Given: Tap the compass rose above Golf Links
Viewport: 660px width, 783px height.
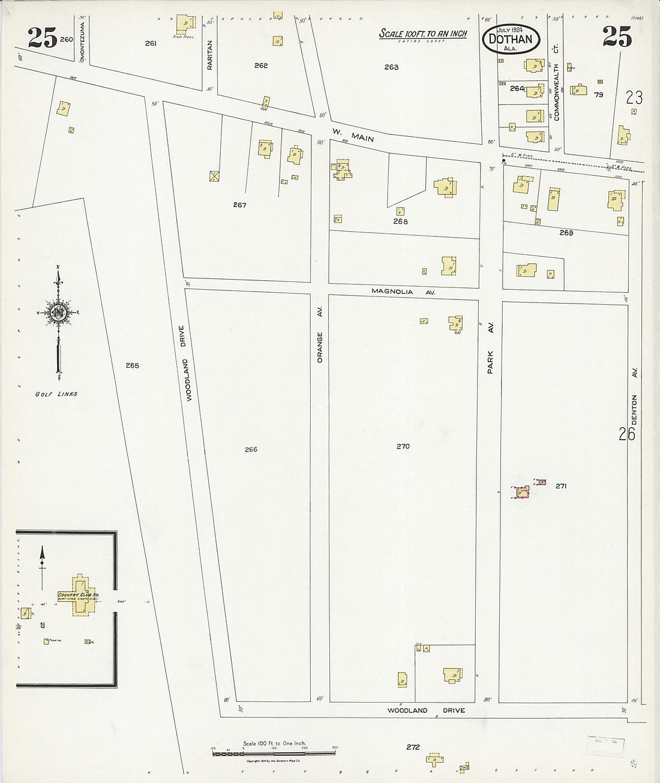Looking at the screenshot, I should coord(59,313).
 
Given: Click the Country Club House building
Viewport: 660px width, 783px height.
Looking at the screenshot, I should coord(80,596).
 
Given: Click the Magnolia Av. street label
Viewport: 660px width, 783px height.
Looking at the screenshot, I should coord(402,292).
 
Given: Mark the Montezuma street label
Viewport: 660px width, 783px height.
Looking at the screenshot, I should coord(82,42).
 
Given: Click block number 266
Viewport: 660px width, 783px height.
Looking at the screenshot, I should coord(251,449).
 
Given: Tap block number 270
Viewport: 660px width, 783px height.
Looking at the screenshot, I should coord(403,446).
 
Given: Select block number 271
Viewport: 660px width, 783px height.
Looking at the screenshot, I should coord(561,486).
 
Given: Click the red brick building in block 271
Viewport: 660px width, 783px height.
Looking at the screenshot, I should coord(523,492).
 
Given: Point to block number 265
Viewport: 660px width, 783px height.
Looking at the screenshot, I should coord(133,365).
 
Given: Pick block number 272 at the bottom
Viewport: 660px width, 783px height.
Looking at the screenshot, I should coord(413,747).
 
